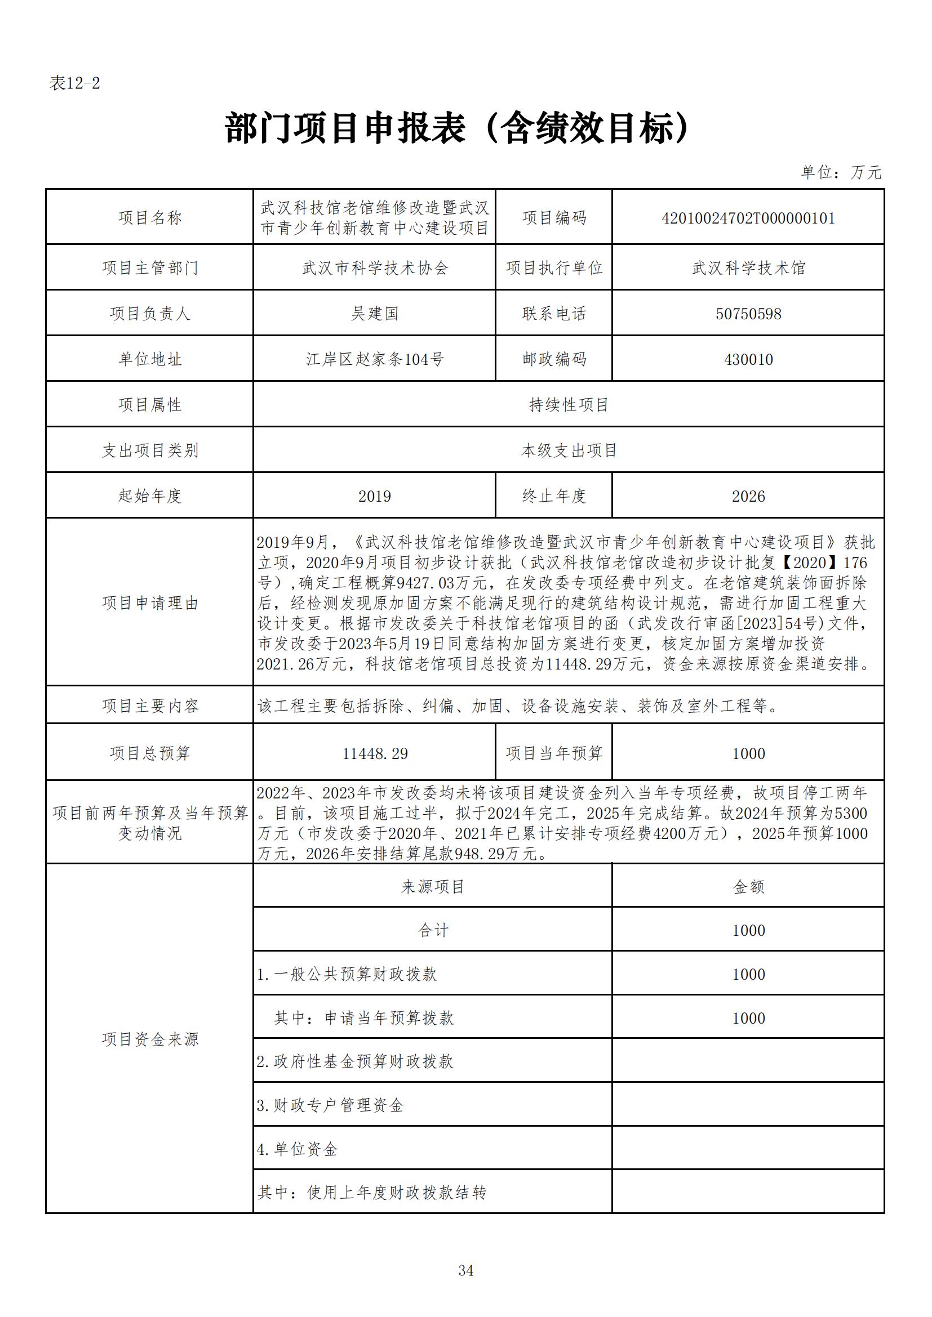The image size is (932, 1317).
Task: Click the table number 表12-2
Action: pyautogui.click(x=74, y=84)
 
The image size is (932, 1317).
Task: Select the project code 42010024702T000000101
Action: pyautogui.click(x=748, y=218)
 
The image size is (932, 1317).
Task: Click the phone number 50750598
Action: pyautogui.click(x=748, y=314)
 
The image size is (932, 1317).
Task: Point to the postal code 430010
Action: pyautogui.click(x=748, y=360)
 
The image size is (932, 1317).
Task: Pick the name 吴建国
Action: pyautogui.click(x=374, y=314)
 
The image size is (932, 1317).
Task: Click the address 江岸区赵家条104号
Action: pyautogui.click(x=374, y=360)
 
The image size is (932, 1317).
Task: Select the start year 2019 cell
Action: pyautogui.click(x=374, y=496)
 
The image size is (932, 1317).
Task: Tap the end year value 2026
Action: pyautogui.click(x=748, y=496)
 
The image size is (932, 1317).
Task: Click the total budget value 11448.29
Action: pyautogui.click(x=374, y=754)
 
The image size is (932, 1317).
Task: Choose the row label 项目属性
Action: pyautogui.click(x=150, y=405)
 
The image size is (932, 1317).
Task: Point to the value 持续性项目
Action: pyautogui.click(x=568, y=405)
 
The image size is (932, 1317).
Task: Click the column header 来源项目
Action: pyautogui.click(x=433, y=887)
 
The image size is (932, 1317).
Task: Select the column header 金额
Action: pyautogui.click(x=748, y=887)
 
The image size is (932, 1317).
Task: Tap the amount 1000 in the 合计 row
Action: pyautogui.click(x=748, y=930)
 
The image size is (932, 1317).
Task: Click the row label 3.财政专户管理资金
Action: pyautogui.click(x=331, y=1105)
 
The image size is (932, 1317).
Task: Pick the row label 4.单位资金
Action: pyautogui.click(x=298, y=1149)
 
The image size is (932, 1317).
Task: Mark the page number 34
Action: pyautogui.click(x=465, y=1270)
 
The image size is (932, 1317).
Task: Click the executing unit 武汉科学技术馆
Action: pyautogui.click(x=748, y=268)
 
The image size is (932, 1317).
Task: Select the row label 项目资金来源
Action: pyautogui.click(x=150, y=1039)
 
